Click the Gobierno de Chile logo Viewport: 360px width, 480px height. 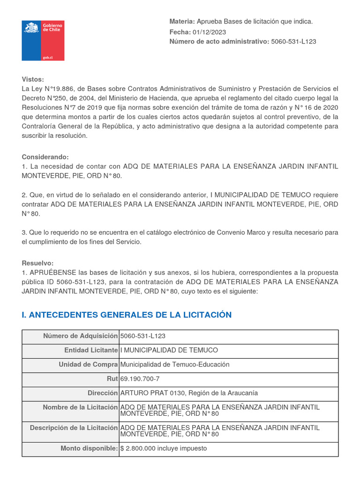[x=43, y=40]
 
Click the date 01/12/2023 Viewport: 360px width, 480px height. [x=209, y=32]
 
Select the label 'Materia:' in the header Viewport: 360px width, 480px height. [x=181, y=22]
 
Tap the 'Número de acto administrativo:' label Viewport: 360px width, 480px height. [x=219, y=42]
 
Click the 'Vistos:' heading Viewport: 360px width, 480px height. [x=32, y=79]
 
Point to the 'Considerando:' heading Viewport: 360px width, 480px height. [x=45, y=157]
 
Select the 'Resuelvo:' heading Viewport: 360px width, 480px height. [x=37, y=263]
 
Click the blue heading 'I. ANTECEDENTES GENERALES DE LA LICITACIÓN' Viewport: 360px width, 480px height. [x=127, y=315]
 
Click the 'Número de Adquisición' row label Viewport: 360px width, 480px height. [x=80, y=336]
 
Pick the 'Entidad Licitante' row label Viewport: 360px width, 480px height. [x=91, y=351]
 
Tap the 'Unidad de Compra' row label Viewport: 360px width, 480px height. [x=88, y=365]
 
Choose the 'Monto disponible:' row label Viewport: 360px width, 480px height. [x=89, y=449]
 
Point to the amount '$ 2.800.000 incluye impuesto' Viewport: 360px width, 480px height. [x=163, y=449]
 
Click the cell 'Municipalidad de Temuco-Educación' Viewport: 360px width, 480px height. [x=175, y=365]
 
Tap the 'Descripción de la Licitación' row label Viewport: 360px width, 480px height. [x=74, y=428]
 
